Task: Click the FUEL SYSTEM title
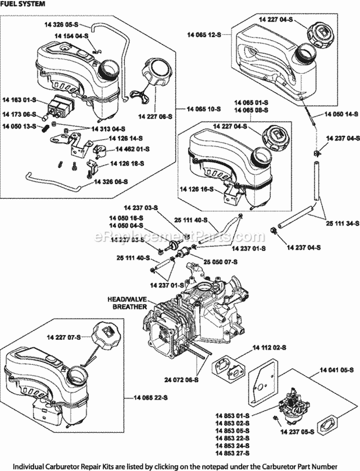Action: tap(24, 4)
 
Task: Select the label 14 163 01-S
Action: tap(20, 100)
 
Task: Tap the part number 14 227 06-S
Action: tap(155, 116)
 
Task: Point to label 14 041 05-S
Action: tap(336, 370)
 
